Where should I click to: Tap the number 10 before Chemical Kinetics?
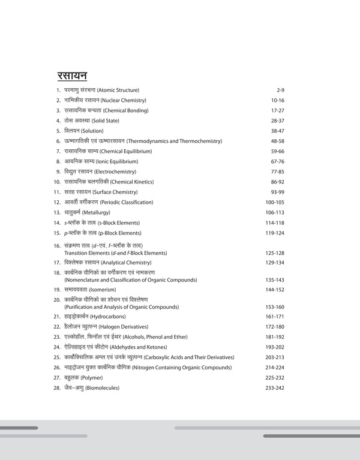coord(57,182)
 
